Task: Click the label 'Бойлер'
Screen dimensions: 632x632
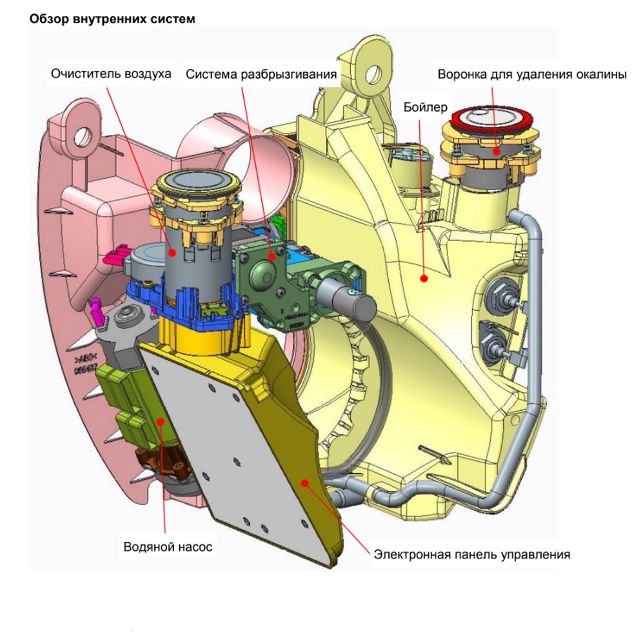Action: (423, 106)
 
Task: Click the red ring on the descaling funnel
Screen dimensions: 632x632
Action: (492, 119)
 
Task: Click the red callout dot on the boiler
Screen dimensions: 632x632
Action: (424, 279)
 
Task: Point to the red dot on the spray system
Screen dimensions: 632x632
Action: (272, 256)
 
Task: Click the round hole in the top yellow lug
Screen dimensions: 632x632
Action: (372, 70)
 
